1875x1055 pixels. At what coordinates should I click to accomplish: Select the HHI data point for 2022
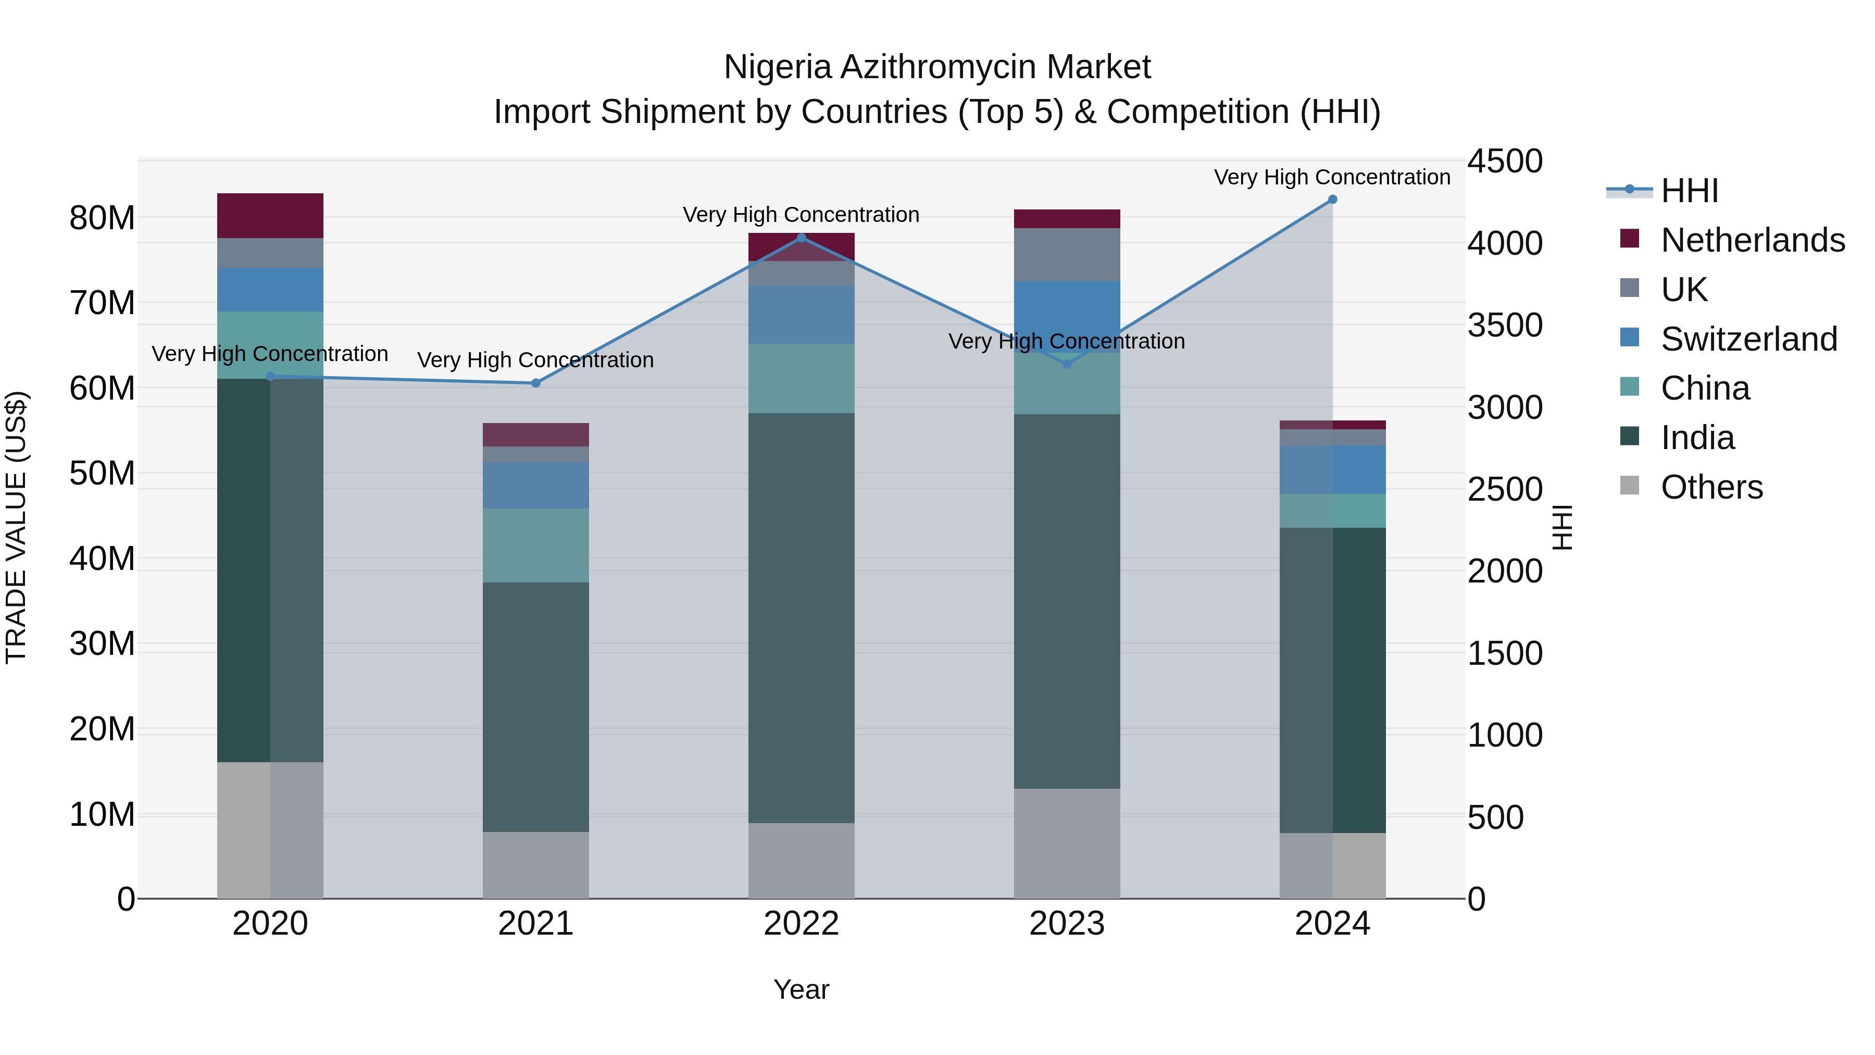(x=802, y=238)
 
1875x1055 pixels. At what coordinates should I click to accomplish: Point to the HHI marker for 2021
(x=536, y=383)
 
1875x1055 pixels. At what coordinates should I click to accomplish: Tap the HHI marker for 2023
(x=1067, y=364)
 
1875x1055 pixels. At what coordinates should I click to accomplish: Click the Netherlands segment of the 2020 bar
(x=270, y=216)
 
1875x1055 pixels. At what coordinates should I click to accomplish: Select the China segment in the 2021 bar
(x=536, y=545)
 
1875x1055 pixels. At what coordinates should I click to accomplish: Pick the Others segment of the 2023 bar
(x=1067, y=843)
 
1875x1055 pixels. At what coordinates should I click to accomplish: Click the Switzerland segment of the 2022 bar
(x=802, y=315)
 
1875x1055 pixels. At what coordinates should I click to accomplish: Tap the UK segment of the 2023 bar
(x=1067, y=255)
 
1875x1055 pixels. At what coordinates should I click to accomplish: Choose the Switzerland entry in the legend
(x=1748, y=339)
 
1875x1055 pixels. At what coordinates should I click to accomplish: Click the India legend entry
(x=1697, y=438)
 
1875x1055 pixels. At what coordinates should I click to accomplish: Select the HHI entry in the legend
(x=1689, y=191)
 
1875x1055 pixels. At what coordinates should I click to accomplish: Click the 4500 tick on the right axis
(x=1504, y=161)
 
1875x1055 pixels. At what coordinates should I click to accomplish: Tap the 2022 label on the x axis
(x=802, y=924)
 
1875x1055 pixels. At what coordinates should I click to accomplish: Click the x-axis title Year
(x=802, y=989)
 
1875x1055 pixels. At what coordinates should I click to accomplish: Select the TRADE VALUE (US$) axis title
(x=16, y=527)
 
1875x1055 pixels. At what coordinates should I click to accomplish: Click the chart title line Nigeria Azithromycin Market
(x=937, y=67)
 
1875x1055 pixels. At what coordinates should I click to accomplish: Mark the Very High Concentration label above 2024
(x=1332, y=177)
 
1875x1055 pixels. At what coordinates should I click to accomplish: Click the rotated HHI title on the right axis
(x=1562, y=527)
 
